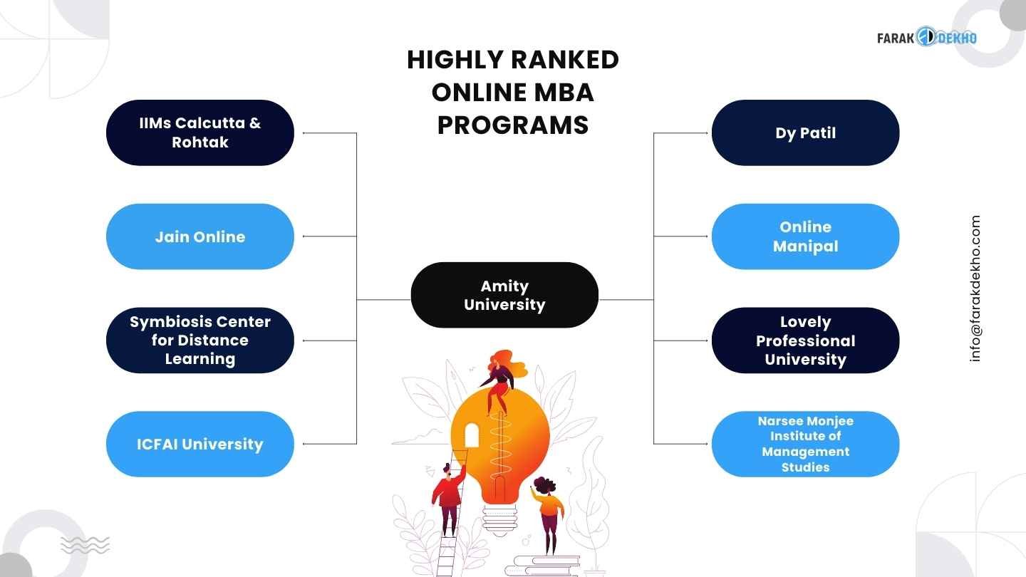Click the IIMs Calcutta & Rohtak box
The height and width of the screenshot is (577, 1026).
pyautogui.click(x=199, y=132)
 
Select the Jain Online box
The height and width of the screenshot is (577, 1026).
pyautogui.click(x=199, y=236)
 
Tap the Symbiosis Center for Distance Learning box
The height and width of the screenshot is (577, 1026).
pyautogui.click(x=199, y=341)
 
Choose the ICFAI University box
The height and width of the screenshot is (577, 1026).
pyautogui.click(x=199, y=445)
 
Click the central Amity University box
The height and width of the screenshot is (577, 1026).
pyautogui.click(x=504, y=295)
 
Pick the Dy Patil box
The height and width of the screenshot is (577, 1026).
pyautogui.click(x=805, y=132)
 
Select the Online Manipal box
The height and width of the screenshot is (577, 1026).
pyautogui.click(x=805, y=236)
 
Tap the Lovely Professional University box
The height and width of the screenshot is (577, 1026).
pyautogui.click(x=805, y=341)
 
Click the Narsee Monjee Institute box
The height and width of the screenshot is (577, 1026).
pyautogui.click(x=805, y=445)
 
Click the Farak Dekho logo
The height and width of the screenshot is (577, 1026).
pyautogui.click(x=926, y=37)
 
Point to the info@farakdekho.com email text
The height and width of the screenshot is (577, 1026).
pyautogui.click(x=975, y=288)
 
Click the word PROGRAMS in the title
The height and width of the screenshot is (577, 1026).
pyautogui.click(x=512, y=125)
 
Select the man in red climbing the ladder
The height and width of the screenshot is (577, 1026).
pyautogui.click(x=448, y=495)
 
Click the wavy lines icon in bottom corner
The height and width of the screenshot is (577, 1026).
pyautogui.click(x=85, y=545)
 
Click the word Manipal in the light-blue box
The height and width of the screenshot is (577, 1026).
pyautogui.click(x=805, y=246)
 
